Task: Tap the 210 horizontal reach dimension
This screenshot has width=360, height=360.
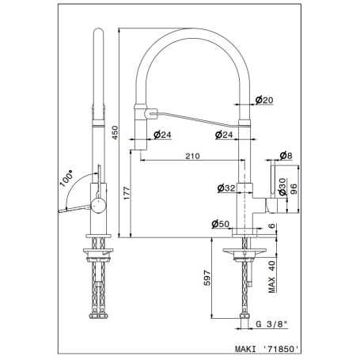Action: click(191, 156)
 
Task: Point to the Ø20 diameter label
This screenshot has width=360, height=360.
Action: click(265, 100)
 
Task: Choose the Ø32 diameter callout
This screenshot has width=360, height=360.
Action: click(226, 188)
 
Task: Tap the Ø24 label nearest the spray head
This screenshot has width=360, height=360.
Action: click(162, 135)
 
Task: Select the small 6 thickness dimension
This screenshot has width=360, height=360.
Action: click(271, 226)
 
